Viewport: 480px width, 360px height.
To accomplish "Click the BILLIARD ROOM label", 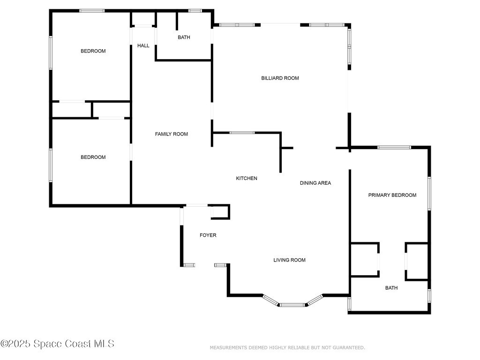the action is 280,78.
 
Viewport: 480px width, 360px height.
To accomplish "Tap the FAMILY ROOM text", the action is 172,134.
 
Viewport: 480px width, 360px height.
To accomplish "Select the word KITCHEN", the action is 247,178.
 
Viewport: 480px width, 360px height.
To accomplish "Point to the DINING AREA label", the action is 315,183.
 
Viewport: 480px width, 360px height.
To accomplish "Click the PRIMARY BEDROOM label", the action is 392,195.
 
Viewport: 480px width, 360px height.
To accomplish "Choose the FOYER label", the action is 208,235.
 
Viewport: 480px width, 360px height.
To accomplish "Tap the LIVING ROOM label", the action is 289,260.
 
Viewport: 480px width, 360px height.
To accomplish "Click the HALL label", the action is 143,45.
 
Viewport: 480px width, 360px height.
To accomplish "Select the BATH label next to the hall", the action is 184,37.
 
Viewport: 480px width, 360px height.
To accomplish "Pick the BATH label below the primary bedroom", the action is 391,288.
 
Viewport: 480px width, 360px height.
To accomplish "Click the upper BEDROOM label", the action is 93,51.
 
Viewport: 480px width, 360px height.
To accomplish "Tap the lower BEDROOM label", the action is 93,157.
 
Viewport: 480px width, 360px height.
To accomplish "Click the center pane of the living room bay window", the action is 292,305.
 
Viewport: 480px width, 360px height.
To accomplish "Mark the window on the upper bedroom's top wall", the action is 92,11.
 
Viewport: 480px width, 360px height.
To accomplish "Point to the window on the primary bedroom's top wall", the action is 394,147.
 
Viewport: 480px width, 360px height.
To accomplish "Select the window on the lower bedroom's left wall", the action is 51,165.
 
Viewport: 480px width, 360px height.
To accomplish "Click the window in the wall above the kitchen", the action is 242,133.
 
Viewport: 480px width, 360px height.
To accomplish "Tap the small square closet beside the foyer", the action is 220,212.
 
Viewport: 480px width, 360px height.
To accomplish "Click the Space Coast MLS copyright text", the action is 57,344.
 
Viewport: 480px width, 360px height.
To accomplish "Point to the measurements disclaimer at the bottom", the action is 287,347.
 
